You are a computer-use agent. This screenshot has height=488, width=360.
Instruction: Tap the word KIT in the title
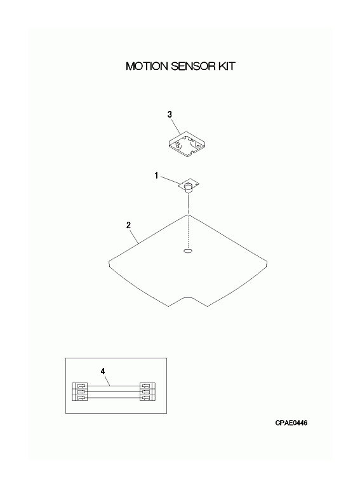point(227,66)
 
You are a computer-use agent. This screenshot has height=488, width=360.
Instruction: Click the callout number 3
point(170,114)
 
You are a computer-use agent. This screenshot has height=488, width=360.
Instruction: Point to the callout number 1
point(156,176)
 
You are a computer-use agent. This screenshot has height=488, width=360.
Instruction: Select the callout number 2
point(129,225)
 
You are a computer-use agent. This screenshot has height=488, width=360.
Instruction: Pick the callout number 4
point(103,371)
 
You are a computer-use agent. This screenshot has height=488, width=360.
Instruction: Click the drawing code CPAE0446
point(291,423)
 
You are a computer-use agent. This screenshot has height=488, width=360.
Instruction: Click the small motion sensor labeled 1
point(189,186)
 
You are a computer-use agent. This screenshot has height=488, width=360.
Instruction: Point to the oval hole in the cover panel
point(188,251)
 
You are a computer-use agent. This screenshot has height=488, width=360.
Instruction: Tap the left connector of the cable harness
point(80,391)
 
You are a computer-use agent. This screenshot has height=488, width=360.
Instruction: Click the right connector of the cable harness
point(147,391)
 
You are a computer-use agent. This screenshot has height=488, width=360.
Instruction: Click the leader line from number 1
point(170,180)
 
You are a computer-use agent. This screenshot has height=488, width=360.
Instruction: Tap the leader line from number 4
point(107,381)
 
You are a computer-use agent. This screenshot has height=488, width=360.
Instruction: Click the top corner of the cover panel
point(188,215)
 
